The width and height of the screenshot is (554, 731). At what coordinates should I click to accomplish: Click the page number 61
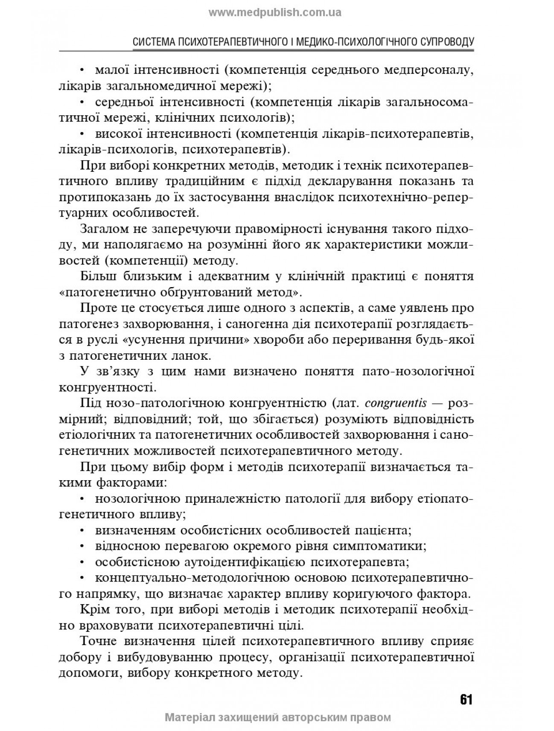[x=466, y=700]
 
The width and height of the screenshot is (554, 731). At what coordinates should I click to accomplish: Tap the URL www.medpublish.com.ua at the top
[x=275, y=12]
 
